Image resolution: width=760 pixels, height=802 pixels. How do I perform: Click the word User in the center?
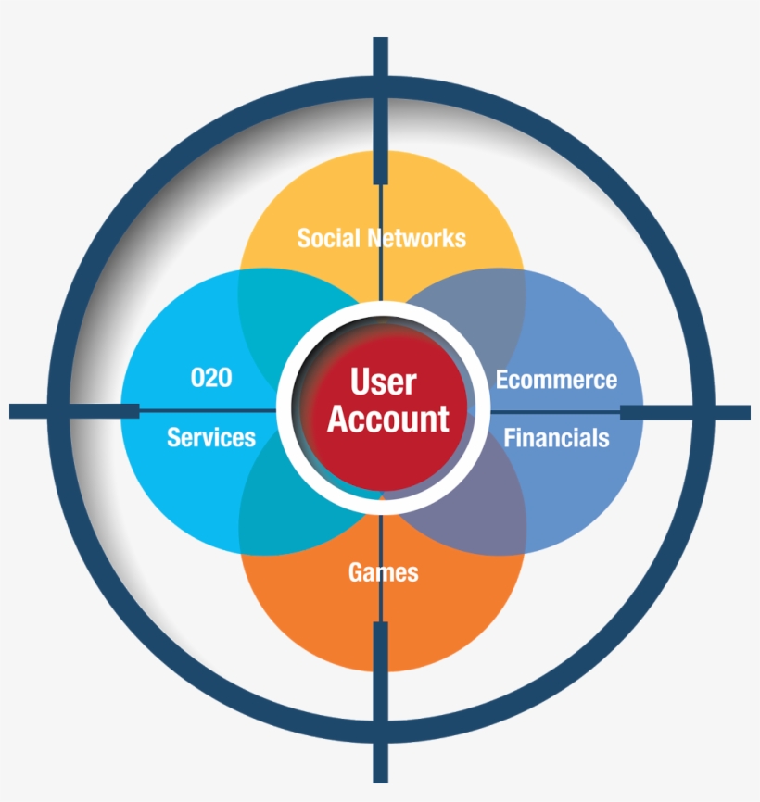[x=383, y=382]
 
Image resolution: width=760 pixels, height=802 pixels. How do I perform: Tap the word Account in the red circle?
[x=387, y=420]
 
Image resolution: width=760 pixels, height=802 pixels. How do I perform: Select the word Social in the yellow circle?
[x=329, y=238]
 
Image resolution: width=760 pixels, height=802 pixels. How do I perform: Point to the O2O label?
[x=210, y=378]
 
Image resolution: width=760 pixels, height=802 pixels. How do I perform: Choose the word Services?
[x=210, y=437]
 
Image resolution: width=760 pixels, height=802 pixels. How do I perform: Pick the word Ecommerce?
[x=556, y=380]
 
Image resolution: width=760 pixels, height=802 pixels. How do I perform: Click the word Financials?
[x=556, y=437]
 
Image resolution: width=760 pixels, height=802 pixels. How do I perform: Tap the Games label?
[x=383, y=572]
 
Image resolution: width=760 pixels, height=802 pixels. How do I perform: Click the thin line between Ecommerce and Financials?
[x=556, y=410]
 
